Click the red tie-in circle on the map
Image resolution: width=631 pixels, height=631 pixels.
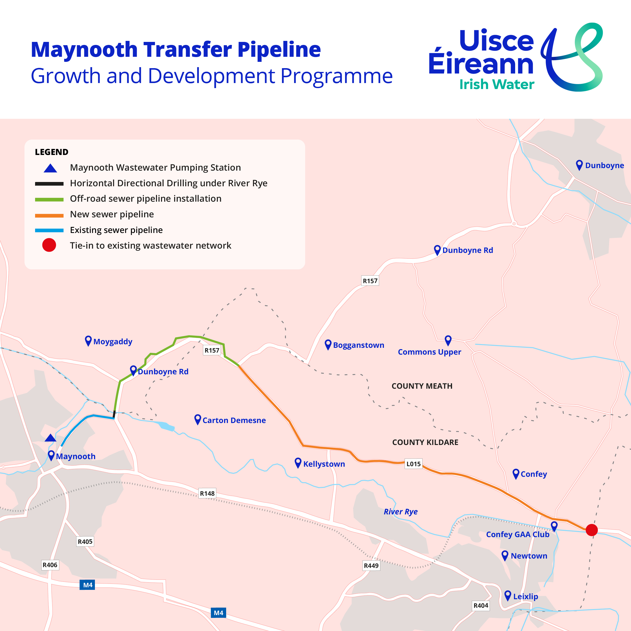tap(591, 530)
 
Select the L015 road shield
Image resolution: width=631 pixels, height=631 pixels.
tap(413, 464)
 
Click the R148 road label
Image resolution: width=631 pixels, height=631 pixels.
tap(207, 493)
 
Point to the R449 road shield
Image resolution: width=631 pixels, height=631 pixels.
tap(371, 566)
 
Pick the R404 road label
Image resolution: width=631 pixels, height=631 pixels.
tap(481, 606)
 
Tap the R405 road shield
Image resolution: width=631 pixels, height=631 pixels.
tap(85, 541)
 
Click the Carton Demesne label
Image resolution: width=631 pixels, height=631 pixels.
tap(234, 420)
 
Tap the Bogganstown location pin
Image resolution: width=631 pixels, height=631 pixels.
tap(328, 345)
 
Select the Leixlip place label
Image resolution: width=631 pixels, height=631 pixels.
tap(525, 596)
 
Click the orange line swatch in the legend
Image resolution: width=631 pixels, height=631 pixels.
tap(49, 216)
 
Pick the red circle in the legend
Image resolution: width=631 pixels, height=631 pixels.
tap(49, 245)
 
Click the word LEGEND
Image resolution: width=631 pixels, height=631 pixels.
tap(51, 152)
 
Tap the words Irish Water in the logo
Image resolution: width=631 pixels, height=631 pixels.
tap(497, 85)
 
